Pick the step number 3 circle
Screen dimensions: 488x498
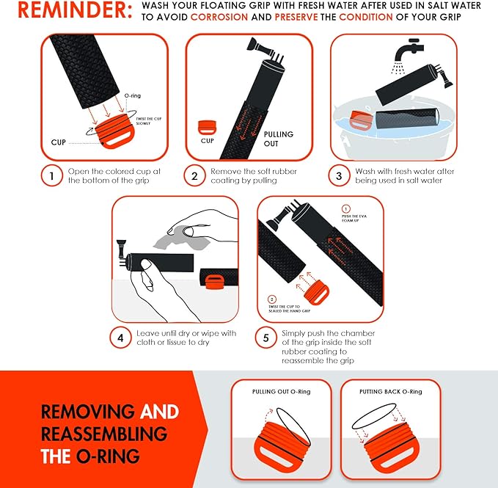[x=339, y=176]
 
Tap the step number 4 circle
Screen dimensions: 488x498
[x=120, y=338]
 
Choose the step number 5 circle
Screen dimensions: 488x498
[x=266, y=338]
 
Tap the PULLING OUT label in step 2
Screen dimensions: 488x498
[x=278, y=139]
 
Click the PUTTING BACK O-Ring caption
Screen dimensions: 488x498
[x=392, y=392]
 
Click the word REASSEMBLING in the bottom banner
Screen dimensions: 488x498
[x=103, y=433]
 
